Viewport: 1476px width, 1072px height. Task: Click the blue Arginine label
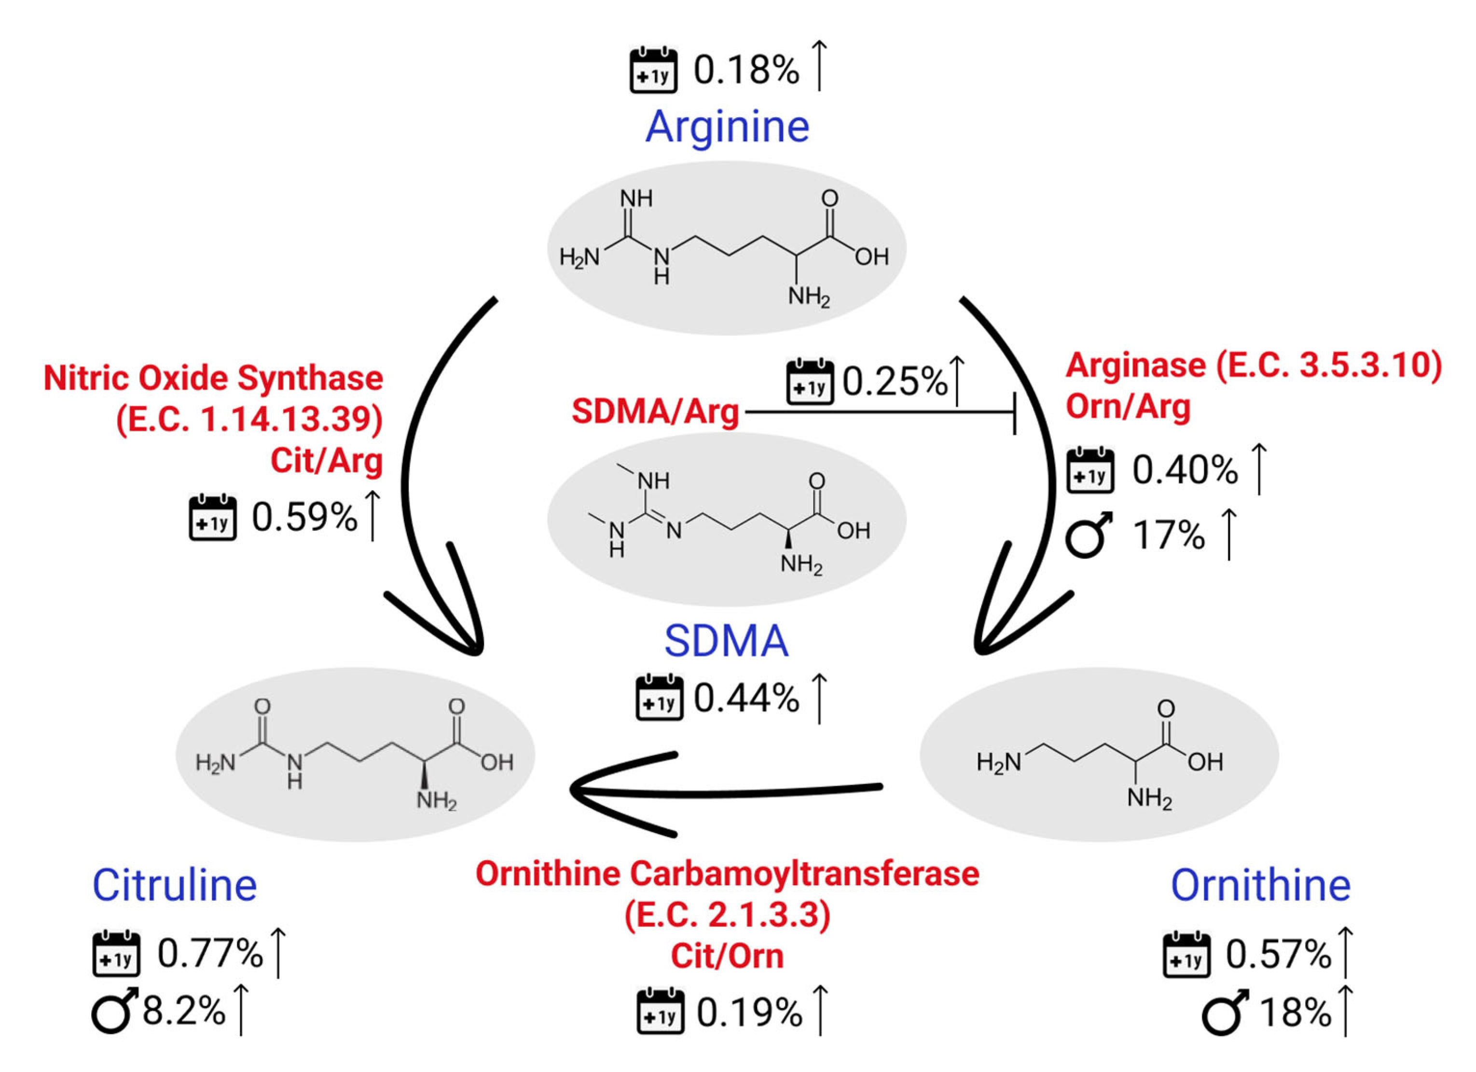coord(727,127)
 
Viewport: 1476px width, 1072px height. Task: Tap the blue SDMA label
coord(726,641)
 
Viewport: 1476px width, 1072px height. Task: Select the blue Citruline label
coord(174,886)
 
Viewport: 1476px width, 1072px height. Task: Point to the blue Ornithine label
coord(1261,886)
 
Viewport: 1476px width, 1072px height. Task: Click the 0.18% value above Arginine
coord(746,70)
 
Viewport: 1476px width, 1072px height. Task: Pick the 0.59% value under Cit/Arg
coord(304,518)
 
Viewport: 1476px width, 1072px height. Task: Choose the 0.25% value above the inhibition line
coord(895,382)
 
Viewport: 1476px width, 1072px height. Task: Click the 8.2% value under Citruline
coord(183,1012)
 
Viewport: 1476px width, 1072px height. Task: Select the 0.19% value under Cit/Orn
coord(750,1013)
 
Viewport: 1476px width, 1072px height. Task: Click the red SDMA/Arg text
coord(655,412)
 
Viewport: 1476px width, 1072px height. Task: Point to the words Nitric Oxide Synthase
coord(213,378)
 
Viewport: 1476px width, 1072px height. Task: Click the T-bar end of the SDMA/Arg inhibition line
coord(1014,412)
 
